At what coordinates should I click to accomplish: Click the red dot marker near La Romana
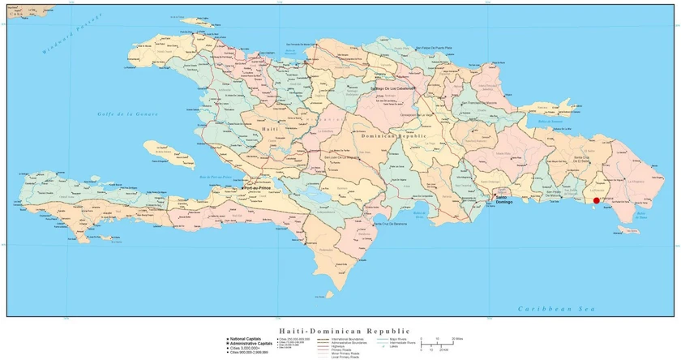(x=597, y=200)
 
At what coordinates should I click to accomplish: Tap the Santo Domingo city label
(x=503, y=199)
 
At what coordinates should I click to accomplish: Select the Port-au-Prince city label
(x=259, y=188)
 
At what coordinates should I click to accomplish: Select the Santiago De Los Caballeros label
(x=392, y=88)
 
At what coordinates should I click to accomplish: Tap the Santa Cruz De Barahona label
(x=390, y=223)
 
